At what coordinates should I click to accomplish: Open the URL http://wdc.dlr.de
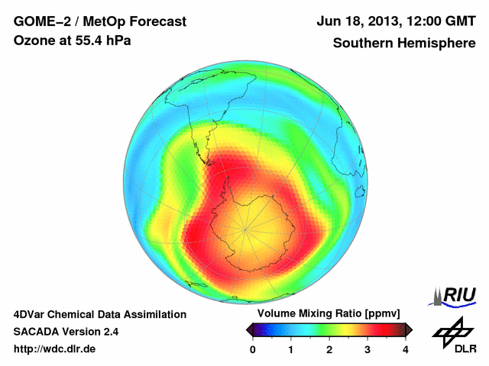point(55,349)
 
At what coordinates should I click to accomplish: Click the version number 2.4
point(108,332)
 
